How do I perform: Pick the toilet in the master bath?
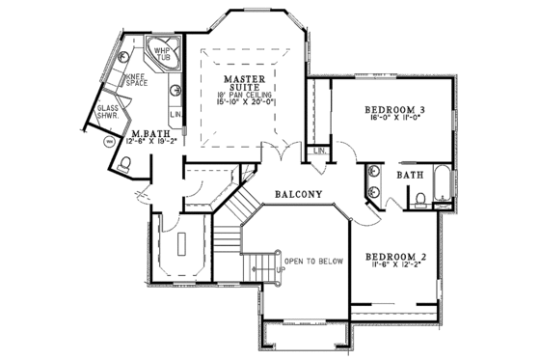click(121, 166)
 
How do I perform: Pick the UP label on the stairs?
click(281, 269)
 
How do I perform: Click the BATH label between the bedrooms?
click(409, 174)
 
